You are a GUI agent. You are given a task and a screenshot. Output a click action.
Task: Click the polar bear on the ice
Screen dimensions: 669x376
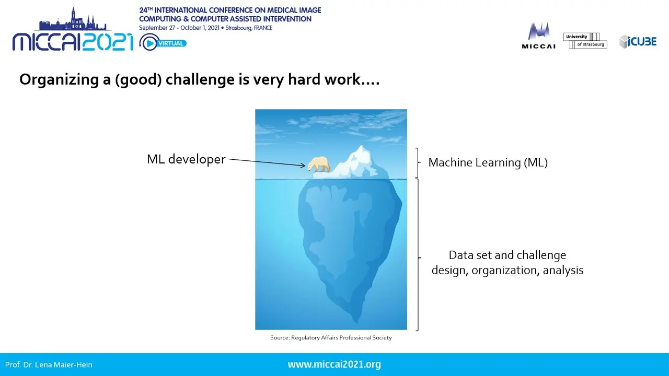319,164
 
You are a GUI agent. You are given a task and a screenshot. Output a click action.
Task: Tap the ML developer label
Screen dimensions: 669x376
186,159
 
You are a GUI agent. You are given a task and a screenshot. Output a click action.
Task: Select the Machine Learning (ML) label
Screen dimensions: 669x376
488,162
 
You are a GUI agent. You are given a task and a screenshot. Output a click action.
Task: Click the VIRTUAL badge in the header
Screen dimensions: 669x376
170,43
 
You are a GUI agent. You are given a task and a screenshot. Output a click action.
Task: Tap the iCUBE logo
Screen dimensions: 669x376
638,41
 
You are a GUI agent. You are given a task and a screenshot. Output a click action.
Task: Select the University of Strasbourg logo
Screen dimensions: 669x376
585,41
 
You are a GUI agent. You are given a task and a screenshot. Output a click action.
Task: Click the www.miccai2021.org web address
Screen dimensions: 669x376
334,365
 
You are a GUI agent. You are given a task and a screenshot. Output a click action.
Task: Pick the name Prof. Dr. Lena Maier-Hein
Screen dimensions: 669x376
49,365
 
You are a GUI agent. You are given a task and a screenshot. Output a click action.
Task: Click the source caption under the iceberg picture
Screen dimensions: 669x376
331,337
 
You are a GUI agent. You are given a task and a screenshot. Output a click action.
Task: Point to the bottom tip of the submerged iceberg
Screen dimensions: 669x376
356,322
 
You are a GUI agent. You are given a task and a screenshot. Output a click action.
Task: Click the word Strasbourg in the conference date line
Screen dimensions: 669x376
238,28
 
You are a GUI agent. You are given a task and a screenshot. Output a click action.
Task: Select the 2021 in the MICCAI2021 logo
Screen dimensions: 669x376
108,42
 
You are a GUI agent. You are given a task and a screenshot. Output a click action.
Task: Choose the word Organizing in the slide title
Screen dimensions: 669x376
60,80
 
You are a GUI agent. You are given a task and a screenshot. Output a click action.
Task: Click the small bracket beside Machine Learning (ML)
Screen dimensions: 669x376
418,162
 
